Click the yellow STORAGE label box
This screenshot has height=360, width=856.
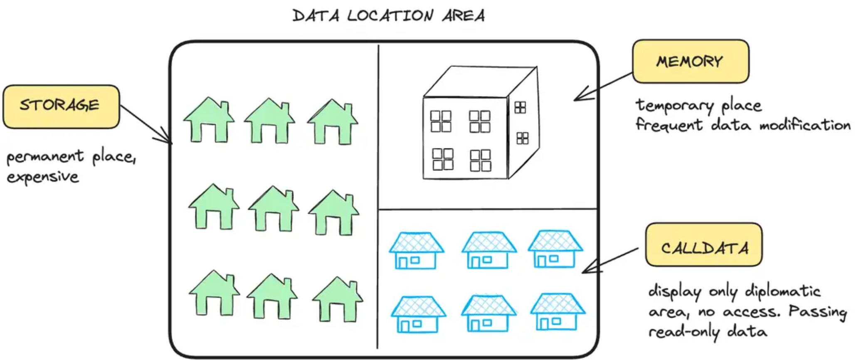61,107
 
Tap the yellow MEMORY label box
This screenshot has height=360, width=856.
691,62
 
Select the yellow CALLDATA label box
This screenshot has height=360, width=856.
704,245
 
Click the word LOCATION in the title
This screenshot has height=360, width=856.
390,16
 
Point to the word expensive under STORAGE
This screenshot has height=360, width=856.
43,177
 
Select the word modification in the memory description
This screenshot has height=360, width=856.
805,125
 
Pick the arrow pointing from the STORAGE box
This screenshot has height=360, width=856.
146,125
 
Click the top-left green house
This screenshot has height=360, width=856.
209,120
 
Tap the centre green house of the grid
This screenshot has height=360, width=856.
273,209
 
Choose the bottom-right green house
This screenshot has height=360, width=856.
338,299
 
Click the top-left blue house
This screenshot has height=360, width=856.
417,251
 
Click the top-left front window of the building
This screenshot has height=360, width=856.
441,121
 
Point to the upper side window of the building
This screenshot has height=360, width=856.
520,107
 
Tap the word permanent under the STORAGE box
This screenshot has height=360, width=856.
45,157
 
